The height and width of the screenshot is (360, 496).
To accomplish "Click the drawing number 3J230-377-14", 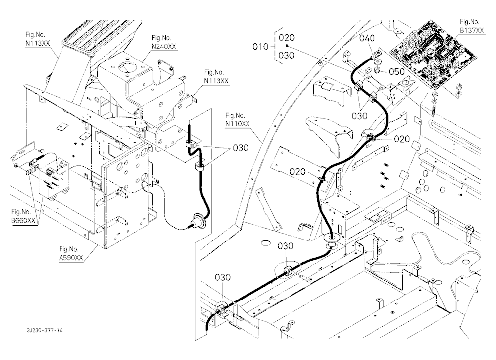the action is click(45, 330).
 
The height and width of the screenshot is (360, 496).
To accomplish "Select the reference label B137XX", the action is click(472, 30).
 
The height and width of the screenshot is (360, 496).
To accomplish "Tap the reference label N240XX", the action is click(164, 46).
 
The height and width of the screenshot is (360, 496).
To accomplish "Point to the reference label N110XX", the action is click(238, 124).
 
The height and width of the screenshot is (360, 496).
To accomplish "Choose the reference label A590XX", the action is click(71, 258).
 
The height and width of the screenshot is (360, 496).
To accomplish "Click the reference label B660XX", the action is click(23, 220).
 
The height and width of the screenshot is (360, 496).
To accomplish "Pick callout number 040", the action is click(367, 38).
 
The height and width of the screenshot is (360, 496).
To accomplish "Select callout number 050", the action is click(397, 72).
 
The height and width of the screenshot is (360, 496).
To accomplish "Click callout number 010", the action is click(260, 47).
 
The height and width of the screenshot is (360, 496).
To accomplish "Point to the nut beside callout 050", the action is click(377, 69).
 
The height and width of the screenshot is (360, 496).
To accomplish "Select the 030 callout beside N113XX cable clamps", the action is click(241, 148).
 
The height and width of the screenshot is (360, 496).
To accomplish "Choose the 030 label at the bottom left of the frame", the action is click(223, 277).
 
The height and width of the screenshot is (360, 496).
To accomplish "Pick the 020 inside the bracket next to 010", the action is click(287, 38).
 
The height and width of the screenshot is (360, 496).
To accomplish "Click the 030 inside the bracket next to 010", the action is click(287, 56).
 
